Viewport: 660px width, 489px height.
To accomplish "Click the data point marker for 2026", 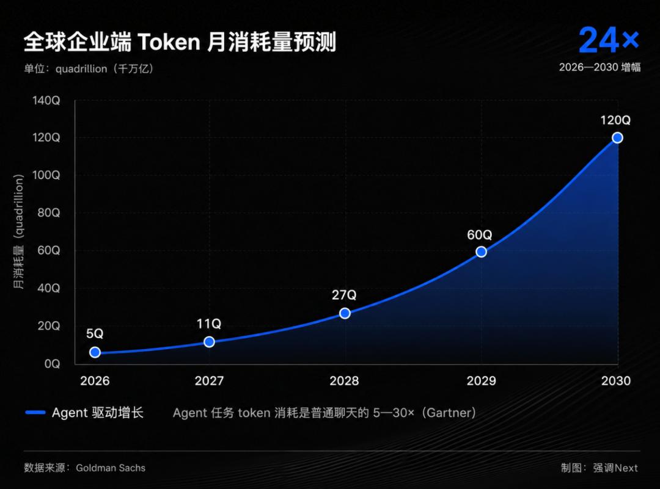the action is coord(95,352).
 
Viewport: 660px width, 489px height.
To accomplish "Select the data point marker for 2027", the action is coord(209,342).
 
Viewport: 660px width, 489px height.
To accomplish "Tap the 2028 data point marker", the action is coord(345,313).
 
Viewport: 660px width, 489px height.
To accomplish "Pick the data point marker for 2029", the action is coord(481,252).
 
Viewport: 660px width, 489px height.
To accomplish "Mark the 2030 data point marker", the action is coord(617,138).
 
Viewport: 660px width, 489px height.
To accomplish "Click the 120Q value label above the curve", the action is coord(615,120).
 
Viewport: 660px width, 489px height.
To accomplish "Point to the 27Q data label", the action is coord(344,295).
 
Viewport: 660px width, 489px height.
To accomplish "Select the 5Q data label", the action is coord(95,333).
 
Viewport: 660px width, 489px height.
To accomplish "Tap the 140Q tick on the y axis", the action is coord(46,101).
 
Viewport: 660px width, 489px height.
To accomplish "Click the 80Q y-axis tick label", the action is coord(49,213).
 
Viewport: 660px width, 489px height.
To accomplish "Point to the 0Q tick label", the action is coord(52,364).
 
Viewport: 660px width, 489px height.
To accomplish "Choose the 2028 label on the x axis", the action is coord(344,381).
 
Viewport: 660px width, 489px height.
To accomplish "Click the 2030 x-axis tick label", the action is coord(616,381).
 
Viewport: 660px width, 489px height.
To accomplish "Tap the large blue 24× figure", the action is coord(609,40).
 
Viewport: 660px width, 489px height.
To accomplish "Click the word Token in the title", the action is coord(169,42).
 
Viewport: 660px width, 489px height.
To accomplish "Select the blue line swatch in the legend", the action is coord(35,413).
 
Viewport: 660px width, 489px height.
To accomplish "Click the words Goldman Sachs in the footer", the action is coord(111,468).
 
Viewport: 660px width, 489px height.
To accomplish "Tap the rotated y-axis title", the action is coord(18,231).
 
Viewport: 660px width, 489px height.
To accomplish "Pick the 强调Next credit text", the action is coord(615,468).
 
